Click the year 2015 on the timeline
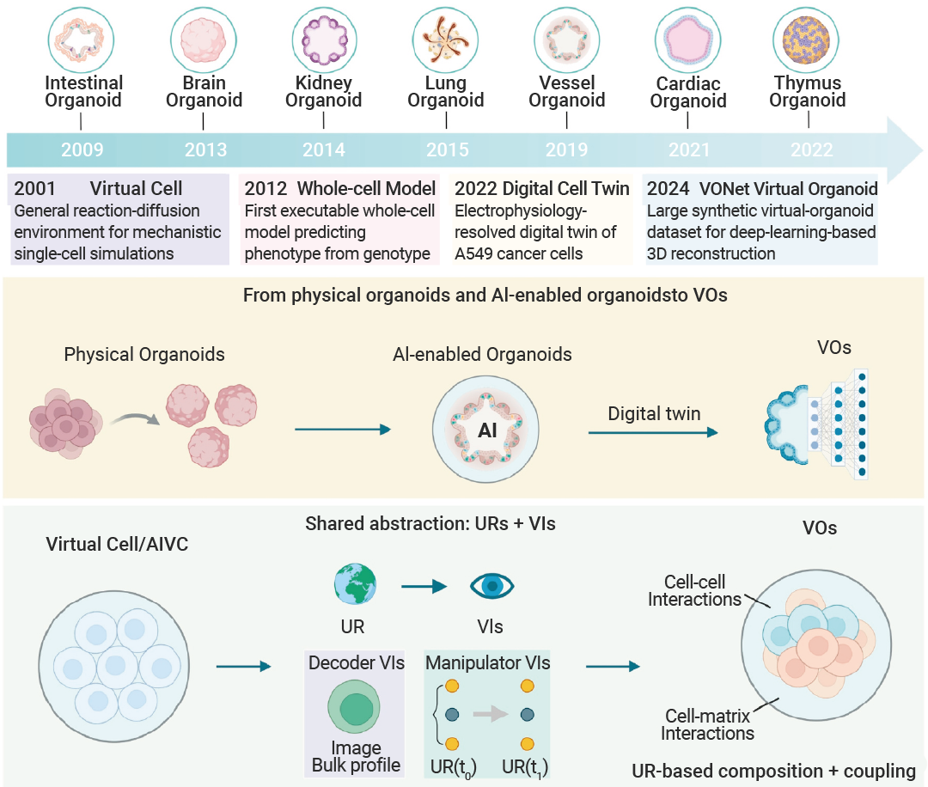click(x=448, y=150)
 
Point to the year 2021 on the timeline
click(x=690, y=150)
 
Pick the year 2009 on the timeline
click(x=82, y=150)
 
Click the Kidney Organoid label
click(x=324, y=92)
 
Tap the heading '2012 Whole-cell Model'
click(x=340, y=188)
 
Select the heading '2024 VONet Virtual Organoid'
click(x=762, y=188)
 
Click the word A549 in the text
click(x=475, y=253)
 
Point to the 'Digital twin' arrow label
click(x=654, y=413)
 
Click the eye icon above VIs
click(x=492, y=586)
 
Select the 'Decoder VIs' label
click(x=356, y=662)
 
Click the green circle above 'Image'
click(x=352, y=709)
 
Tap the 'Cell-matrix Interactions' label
click(x=709, y=723)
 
